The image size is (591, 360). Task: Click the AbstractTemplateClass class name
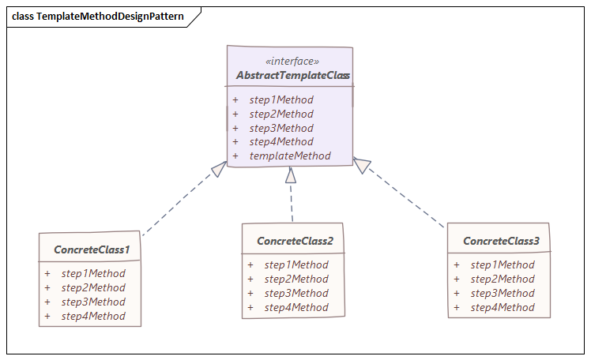pos(293,76)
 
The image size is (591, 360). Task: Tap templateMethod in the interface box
pos(290,156)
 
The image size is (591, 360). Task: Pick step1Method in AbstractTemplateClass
pos(281,100)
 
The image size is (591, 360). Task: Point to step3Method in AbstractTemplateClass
pos(281,128)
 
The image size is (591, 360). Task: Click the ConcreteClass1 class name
pos(92,249)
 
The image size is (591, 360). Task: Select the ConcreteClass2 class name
pos(295,241)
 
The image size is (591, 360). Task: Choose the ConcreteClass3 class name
pos(501,241)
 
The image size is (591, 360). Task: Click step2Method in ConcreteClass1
pos(93,288)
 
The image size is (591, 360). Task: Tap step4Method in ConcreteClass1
pos(93,317)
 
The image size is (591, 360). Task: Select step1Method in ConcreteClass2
pos(296,265)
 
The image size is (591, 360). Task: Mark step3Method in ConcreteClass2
pos(296,294)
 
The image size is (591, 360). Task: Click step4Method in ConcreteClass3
pos(503,308)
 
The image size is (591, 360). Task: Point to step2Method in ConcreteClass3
pos(503,279)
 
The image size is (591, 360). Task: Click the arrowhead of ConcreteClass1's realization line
pos(219,168)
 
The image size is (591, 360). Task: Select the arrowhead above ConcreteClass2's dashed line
pos(291,175)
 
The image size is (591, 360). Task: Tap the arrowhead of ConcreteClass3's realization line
pos(362,165)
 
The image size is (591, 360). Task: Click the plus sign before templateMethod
pos(235,156)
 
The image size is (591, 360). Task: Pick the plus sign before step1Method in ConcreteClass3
pos(457,265)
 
